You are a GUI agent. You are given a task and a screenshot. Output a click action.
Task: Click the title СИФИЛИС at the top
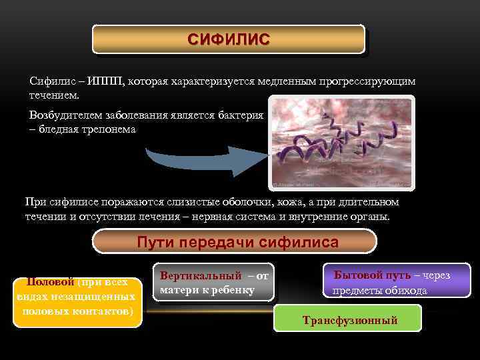coord(229,39)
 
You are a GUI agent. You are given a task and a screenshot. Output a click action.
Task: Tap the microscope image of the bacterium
coord(341,143)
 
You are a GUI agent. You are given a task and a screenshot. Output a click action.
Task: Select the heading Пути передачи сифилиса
coord(237,242)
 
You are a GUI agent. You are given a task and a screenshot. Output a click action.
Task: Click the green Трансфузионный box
coord(349,321)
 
